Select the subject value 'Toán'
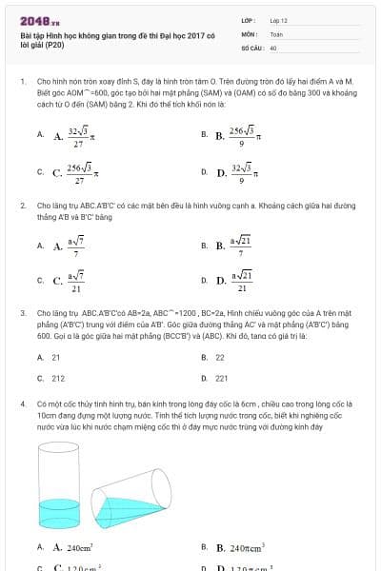[x=276, y=32]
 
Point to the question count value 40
[x=273, y=46]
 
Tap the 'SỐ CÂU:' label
[x=251, y=46]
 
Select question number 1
[x=22, y=83]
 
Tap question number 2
[x=22, y=205]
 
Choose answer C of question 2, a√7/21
[x=75, y=281]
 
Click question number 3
[x=22, y=312]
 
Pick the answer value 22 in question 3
[x=220, y=357]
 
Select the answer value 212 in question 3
[x=58, y=378]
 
